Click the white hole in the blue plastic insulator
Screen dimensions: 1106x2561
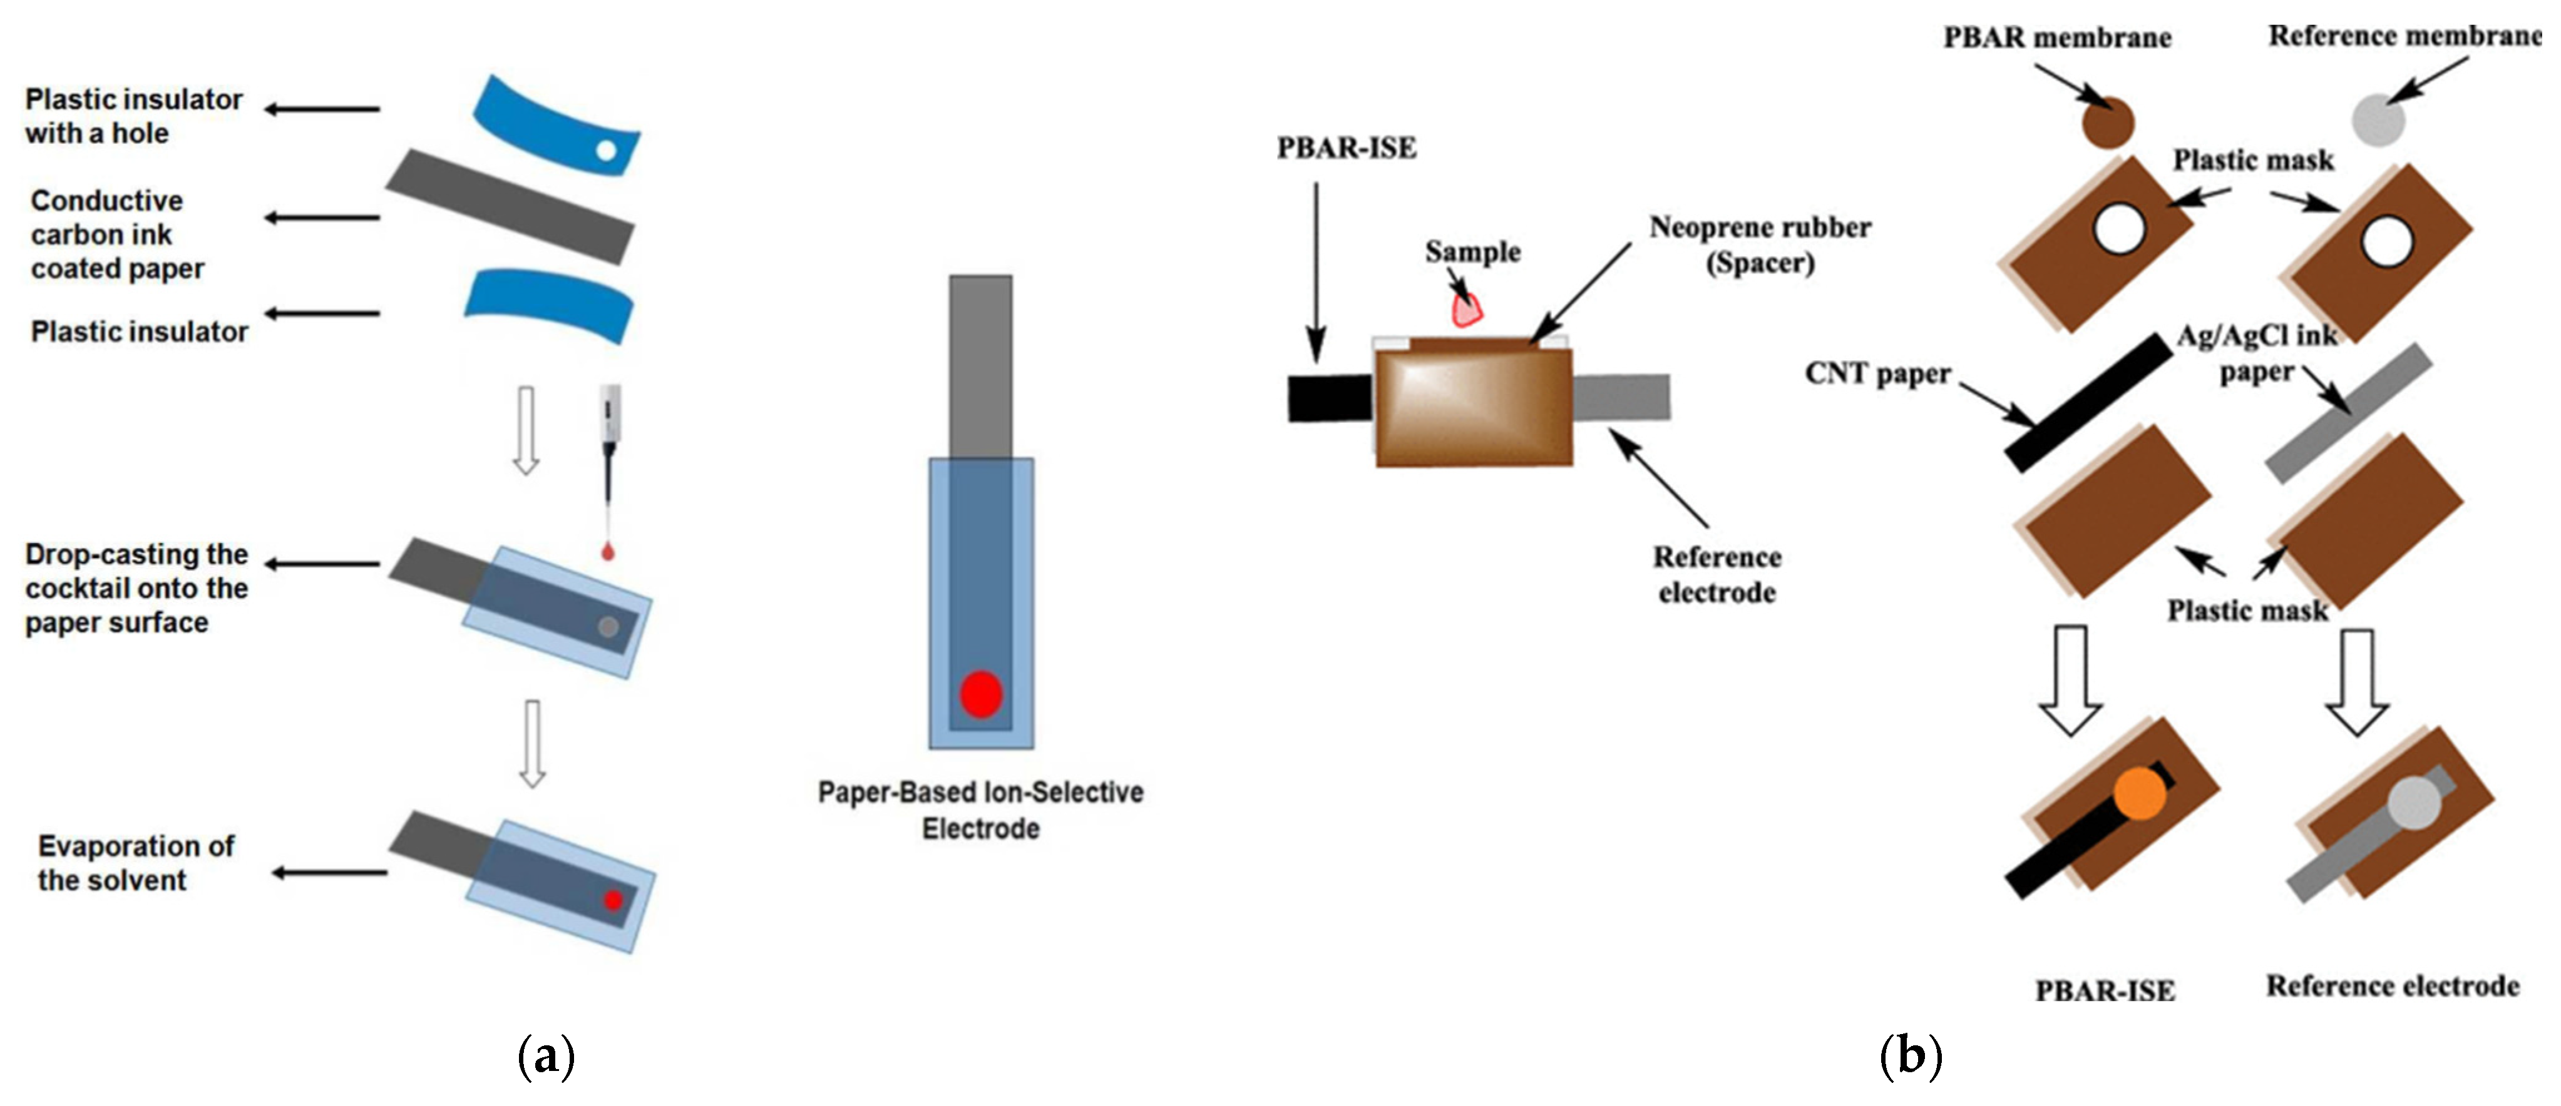pos(605,151)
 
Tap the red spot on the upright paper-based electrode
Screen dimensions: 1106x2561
pos(980,694)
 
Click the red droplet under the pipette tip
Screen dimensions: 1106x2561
pos(607,552)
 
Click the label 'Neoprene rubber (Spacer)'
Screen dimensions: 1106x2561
pos(1760,245)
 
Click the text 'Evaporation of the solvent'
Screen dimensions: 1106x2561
pos(136,863)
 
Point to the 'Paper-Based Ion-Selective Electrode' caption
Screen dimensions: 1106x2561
pos(980,810)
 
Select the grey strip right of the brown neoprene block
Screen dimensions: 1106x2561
pos(1621,397)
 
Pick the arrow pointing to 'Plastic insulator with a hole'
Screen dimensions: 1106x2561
pos(322,109)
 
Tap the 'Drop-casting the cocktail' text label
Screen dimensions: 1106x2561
pos(136,588)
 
